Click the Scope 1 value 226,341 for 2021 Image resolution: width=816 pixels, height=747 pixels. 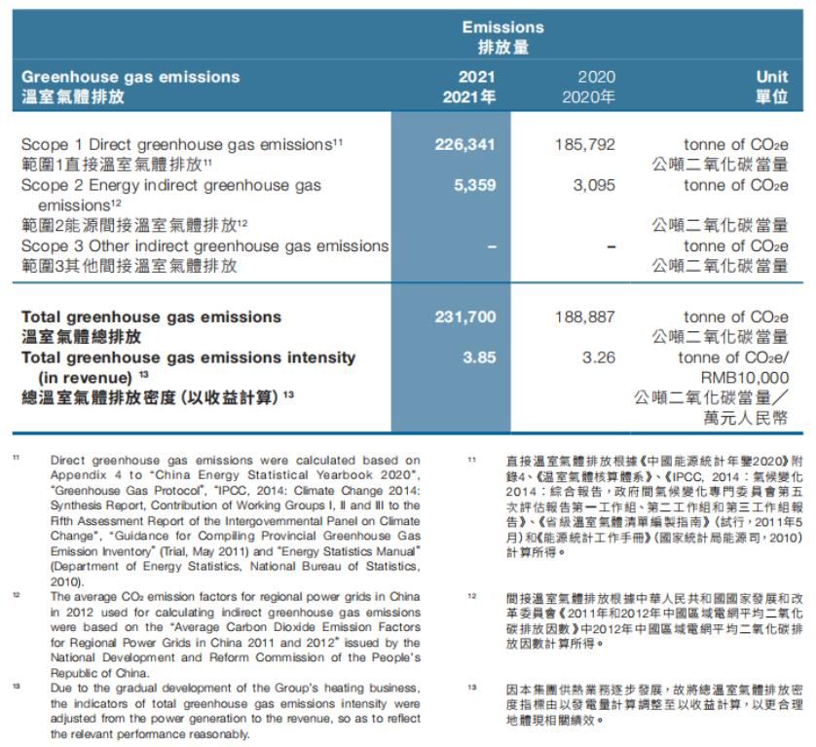(x=464, y=144)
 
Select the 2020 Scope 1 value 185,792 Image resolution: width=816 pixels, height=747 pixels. (x=585, y=144)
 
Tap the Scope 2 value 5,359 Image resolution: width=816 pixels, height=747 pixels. (x=474, y=185)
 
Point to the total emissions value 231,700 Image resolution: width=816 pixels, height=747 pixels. (x=464, y=317)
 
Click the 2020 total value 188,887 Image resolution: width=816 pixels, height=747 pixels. (x=585, y=317)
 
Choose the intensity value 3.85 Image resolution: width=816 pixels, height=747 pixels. (x=479, y=357)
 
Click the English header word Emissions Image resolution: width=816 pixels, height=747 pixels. (x=502, y=27)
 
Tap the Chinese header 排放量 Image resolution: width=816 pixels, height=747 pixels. (x=502, y=47)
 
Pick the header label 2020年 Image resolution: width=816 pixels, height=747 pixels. (x=588, y=97)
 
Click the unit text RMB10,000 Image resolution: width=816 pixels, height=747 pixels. (x=744, y=378)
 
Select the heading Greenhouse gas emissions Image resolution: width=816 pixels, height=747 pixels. (x=130, y=77)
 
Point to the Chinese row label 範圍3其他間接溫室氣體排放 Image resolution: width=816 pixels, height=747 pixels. (x=129, y=265)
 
